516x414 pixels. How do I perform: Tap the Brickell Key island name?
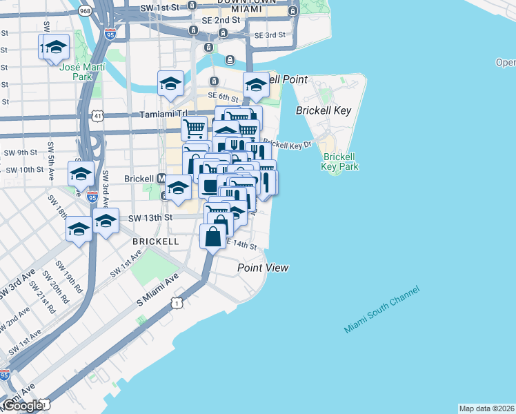point(324,110)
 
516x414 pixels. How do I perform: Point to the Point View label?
point(263,268)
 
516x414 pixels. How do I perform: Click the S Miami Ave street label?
point(157,285)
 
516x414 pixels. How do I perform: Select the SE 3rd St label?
point(270,35)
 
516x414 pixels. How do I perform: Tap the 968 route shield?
point(86,11)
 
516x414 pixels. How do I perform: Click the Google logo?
point(23,405)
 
